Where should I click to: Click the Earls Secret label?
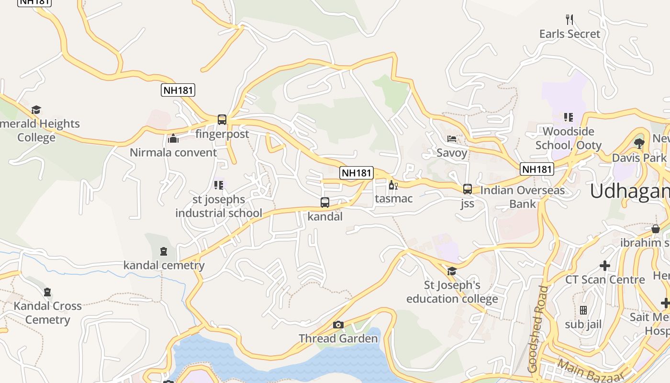[569, 34]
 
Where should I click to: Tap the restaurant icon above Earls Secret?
[569, 20]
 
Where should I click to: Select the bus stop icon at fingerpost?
[222, 120]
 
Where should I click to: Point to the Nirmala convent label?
[173, 153]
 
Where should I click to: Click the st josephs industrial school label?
[219, 206]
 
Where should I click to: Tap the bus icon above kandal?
[325, 202]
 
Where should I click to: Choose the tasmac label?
[393, 198]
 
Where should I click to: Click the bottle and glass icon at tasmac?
[393, 185]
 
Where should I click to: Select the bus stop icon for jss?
[468, 189]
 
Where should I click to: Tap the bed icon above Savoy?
[452, 139]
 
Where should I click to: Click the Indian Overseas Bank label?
[522, 197]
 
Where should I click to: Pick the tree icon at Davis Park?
[639, 143]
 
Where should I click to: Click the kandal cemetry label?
[164, 265]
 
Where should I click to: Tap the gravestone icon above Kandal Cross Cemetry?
[47, 292]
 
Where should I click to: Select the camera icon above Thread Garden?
[338, 325]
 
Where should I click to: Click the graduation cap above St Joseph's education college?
[452, 271]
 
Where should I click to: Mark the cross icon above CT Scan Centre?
[605, 265]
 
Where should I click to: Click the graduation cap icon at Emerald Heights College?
[36, 110]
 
